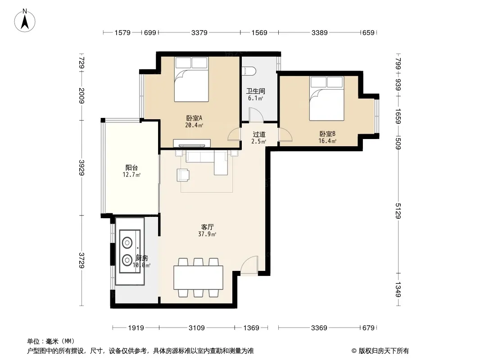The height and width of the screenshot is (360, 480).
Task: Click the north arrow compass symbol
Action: [25, 21]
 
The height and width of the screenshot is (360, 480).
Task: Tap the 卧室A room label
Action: [194, 118]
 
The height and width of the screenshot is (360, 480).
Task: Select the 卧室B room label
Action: [327, 134]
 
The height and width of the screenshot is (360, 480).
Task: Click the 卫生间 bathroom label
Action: [256, 91]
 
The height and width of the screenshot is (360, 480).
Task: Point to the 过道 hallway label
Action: [259, 134]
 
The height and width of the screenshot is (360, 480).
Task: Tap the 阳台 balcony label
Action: [131, 167]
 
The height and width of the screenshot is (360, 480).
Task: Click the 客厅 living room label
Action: [207, 227]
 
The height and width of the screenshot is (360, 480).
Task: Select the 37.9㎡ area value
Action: [207, 234]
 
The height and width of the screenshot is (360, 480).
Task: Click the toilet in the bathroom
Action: [249, 71]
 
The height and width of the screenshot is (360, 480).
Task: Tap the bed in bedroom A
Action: [192, 79]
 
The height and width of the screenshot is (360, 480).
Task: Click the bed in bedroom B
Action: [326, 98]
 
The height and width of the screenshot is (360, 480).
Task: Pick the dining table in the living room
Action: [198, 278]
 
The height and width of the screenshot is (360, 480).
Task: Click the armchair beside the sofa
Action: [183, 175]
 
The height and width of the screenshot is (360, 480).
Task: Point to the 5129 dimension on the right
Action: [398, 211]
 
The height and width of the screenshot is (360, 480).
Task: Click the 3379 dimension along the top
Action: [199, 32]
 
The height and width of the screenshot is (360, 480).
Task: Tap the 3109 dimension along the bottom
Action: [196, 328]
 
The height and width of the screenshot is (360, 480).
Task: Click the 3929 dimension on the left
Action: [82, 167]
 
